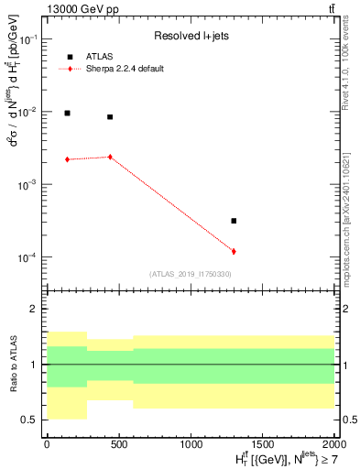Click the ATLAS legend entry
98,56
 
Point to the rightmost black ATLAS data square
234,221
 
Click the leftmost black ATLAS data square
67,113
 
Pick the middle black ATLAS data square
110,117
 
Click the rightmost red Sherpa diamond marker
234,251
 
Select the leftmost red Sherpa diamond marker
67,159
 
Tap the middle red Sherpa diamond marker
110,157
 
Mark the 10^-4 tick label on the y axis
28,257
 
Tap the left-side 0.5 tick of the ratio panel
31,420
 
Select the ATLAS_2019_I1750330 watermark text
190,274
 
